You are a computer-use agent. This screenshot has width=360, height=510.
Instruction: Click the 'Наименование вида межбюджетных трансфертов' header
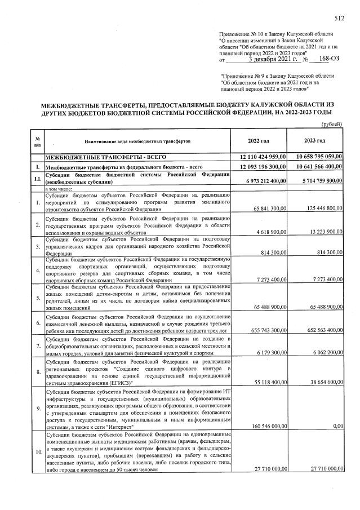138,141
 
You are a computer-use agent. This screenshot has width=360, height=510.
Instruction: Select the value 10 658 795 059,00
318,157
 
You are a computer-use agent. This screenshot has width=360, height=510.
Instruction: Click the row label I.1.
36,178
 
